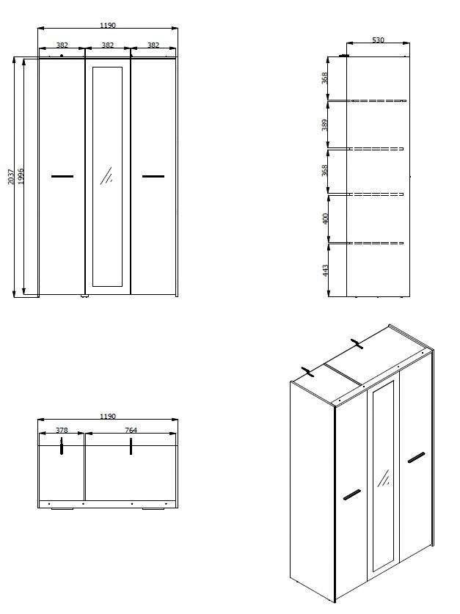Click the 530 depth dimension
tap(377, 40)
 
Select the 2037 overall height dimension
tap(11, 177)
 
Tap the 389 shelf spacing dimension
tap(325, 125)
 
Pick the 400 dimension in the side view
tap(325, 219)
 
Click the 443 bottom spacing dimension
tap(325, 270)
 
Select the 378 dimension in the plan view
tap(62, 431)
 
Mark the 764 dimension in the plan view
tap(131, 431)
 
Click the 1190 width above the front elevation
tap(108, 26)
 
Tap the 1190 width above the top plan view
tap(108, 417)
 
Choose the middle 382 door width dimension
tap(108, 45)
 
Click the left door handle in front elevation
tap(62, 176)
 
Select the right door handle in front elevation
tap(153, 176)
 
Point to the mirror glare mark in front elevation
tap(107, 175)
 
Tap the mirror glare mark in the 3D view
tap(382, 479)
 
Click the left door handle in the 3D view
tap(351, 494)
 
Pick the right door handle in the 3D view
tap(416, 458)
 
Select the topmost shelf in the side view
tap(377, 100)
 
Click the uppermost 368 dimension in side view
tap(325, 77)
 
